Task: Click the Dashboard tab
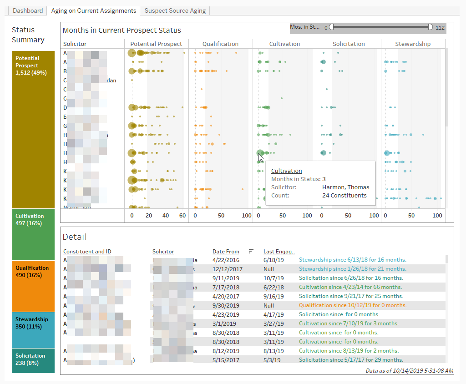tap(28, 10)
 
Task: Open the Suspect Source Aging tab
tap(175, 10)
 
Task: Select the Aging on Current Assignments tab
tap(93, 10)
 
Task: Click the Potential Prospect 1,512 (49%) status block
tap(34, 129)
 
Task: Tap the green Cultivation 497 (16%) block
tap(34, 234)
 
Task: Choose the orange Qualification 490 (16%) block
tap(34, 286)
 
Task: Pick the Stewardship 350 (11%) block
tap(34, 329)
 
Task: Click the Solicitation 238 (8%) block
tap(34, 360)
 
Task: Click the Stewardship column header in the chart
tap(412, 44)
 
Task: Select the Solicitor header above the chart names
tap(75, 44)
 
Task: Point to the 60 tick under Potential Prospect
tap(182, 216)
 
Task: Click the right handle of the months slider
tap(430, 27)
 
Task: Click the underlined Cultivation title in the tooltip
tap(286, 171)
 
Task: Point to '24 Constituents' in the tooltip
tap(344, 196)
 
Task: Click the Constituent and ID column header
tap(87, 252)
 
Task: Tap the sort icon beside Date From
tap(251, 251)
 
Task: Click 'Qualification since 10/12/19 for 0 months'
tap(353, 305)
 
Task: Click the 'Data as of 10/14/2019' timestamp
tap(409, 371)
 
